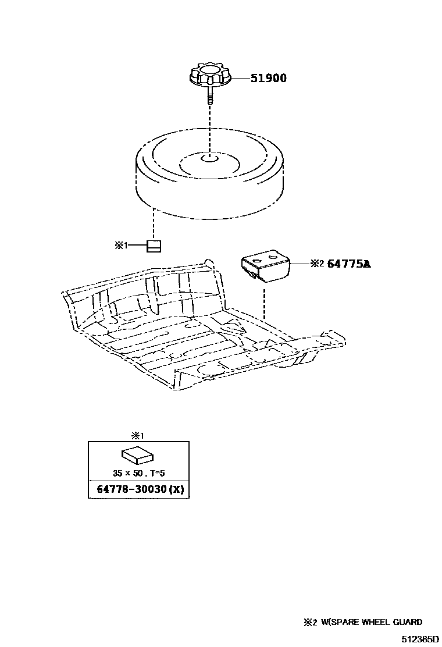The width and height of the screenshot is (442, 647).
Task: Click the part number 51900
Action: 268,78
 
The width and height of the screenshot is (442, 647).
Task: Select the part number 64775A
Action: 348,264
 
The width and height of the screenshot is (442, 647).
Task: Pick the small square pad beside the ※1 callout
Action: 154,246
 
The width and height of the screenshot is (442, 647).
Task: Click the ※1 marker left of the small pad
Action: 120,246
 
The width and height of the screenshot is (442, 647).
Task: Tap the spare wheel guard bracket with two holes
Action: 265,265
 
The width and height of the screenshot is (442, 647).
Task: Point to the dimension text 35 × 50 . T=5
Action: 138,472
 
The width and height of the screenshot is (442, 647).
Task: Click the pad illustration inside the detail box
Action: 138,454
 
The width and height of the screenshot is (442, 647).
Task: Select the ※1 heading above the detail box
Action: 138,435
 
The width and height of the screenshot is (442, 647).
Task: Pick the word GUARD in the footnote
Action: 408,622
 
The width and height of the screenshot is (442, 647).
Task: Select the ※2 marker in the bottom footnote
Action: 309,622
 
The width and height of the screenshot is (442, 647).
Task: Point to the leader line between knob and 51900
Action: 240,78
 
